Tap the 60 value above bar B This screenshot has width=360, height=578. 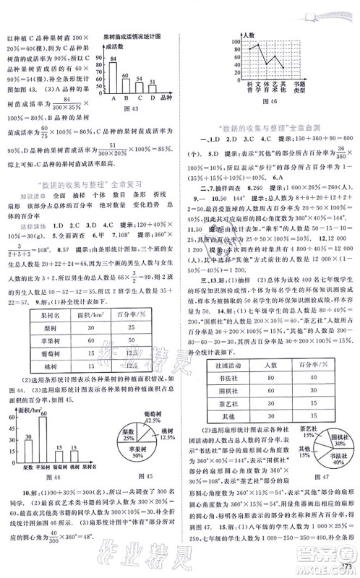point(125,74)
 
